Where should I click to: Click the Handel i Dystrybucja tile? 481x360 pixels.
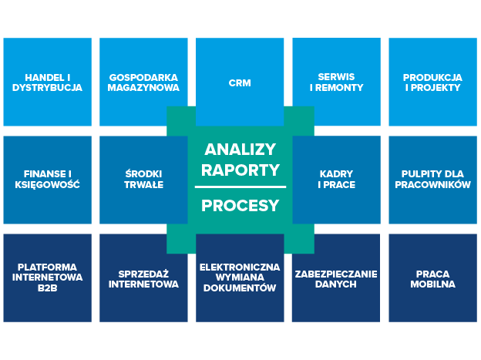(x=47, y=82)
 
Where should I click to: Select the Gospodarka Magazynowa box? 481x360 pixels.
(x=143, y=82)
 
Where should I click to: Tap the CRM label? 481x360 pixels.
(x=240, y=83)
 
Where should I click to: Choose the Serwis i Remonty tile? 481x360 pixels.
(x=336, y=82)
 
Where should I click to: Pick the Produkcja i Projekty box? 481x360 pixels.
(x=432, y=82)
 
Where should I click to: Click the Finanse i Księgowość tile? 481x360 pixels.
(x=47, y=179)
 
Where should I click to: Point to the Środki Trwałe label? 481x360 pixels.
(x=143, y=179)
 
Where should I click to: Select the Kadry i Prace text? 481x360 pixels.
(x=336, y=179)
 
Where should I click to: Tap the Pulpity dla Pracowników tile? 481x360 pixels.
(x=432, y=179)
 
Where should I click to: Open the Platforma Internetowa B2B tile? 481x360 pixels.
(x=47, y=278)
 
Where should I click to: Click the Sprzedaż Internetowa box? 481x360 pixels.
(x=143, y=278)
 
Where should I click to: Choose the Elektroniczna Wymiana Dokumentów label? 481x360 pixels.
(x=240, y=278)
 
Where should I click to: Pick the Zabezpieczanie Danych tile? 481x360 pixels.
(x=336, y=278)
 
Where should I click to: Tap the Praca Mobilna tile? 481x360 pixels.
(x=432, y=278)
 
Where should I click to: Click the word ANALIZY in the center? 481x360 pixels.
(x=240, y=149)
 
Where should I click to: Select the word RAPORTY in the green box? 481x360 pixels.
(x=240, y=170)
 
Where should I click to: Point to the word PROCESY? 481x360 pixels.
(x=240, y=206)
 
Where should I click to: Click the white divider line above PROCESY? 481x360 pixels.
(x=240, y=187)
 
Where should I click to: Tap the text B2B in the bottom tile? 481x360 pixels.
(x=47, y=288)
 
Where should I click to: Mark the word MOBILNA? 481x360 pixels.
(x=432, y=284)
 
